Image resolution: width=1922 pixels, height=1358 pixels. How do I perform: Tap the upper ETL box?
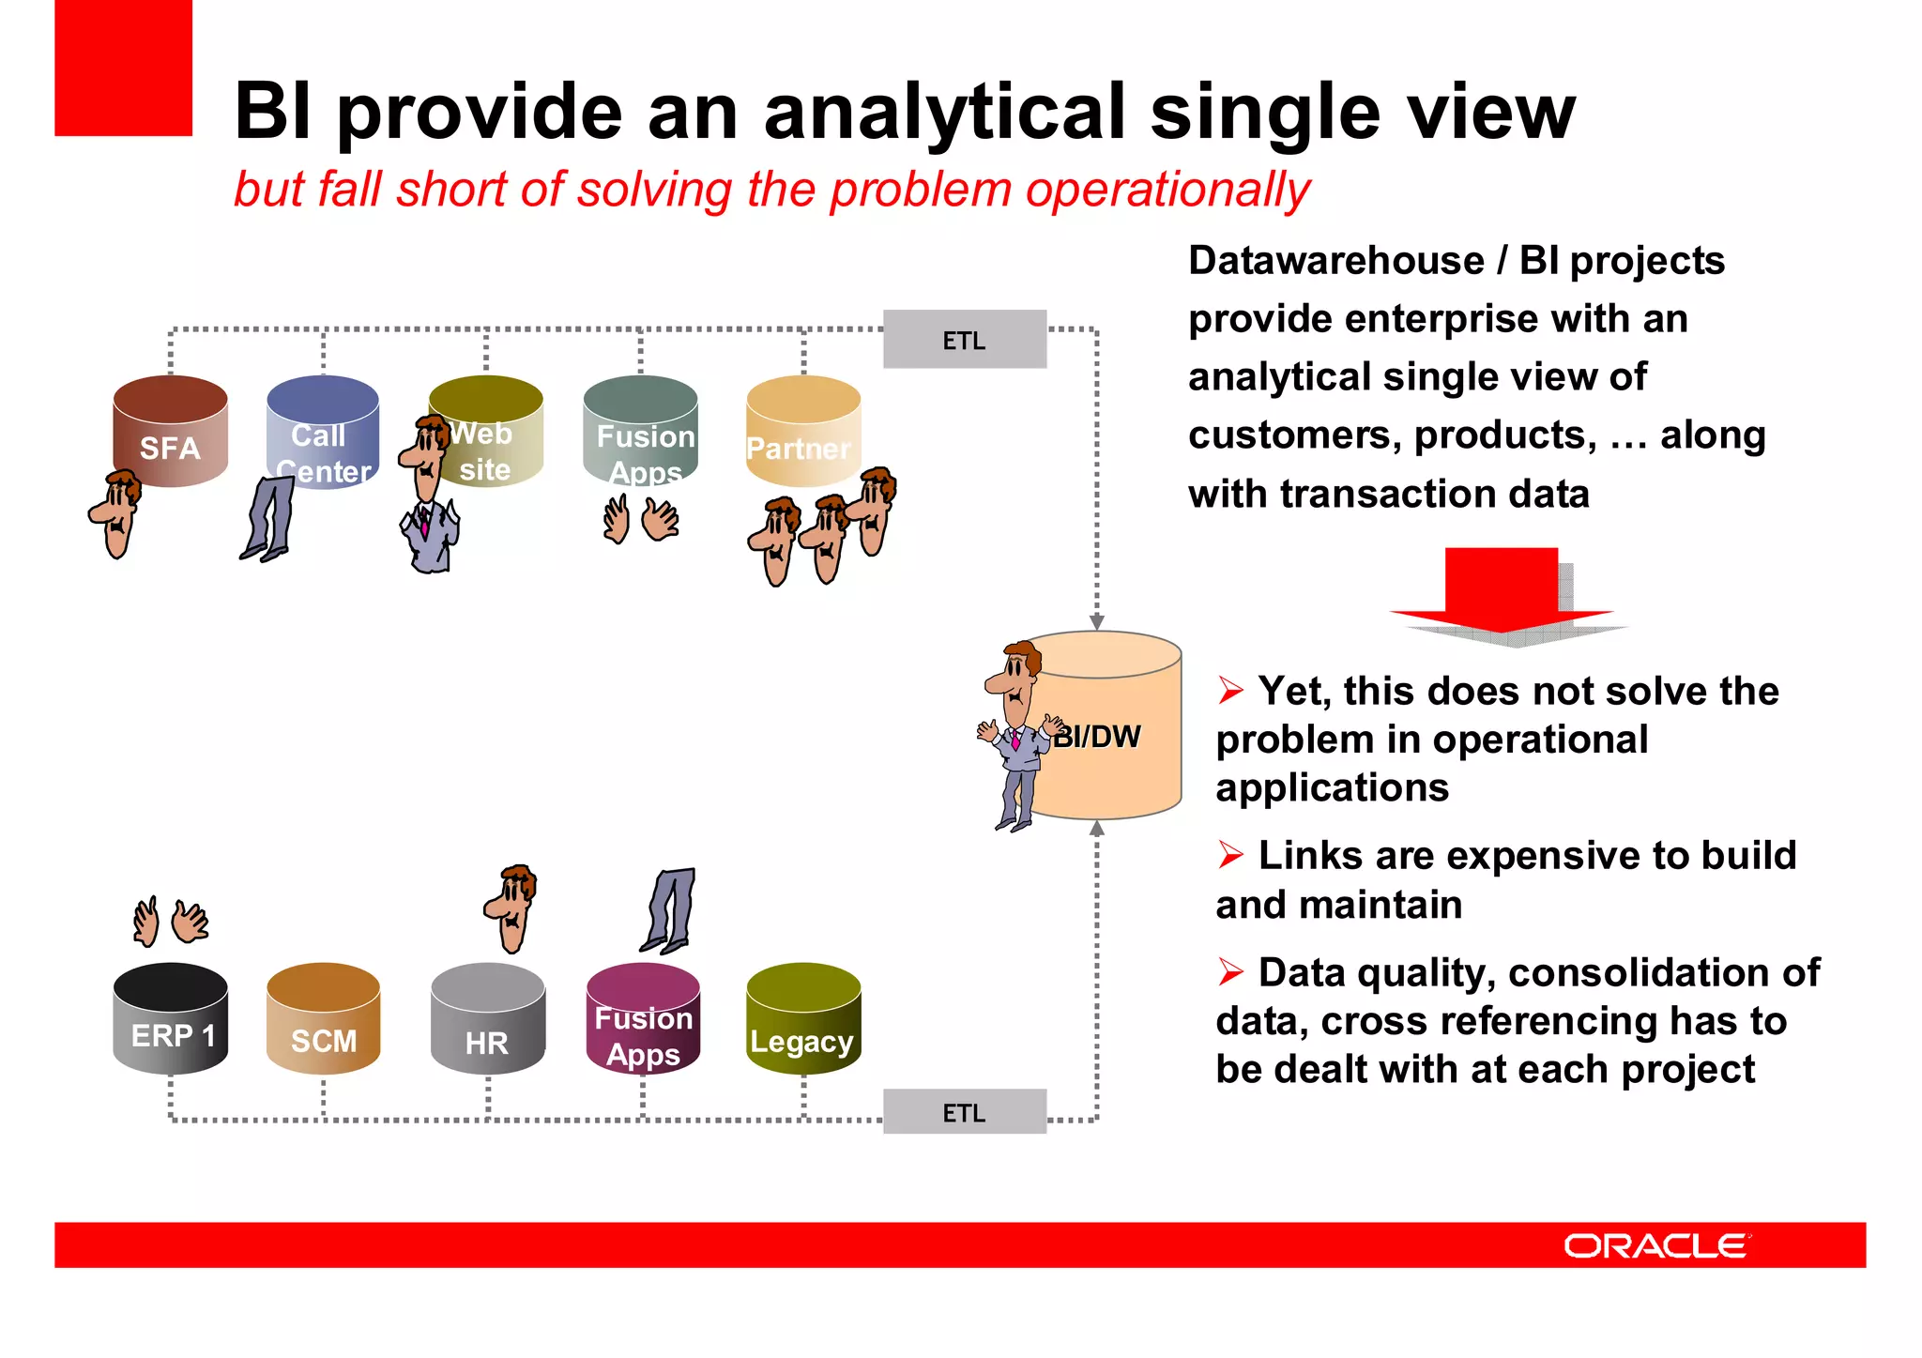point(964,340)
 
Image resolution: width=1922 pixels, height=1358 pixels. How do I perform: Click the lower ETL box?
point(964,1112)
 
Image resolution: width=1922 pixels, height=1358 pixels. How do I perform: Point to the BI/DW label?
point(1096,737)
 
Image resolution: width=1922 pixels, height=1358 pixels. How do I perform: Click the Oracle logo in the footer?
point(1656,1245)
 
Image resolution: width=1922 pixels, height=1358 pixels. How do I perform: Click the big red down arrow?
point(1502,591)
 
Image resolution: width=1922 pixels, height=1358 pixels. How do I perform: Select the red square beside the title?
point(123,68)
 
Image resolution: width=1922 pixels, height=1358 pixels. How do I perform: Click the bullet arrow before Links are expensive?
point(1230,855)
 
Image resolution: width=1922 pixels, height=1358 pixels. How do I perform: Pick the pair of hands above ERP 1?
point(171,921)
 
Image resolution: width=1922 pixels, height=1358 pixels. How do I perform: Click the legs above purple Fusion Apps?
point(671,908)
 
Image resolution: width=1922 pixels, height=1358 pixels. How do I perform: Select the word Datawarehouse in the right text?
point(1336,261)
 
